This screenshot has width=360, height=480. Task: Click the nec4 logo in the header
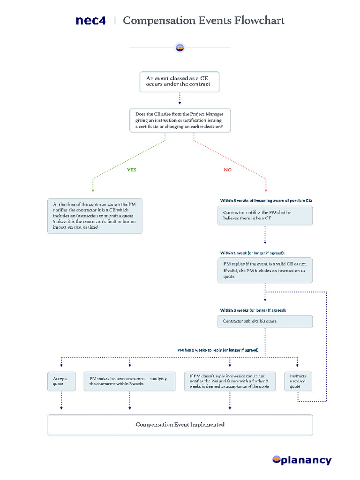[90, 21]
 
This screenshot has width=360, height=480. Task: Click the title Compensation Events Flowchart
[203, 21]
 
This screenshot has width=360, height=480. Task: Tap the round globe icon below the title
[180, 47]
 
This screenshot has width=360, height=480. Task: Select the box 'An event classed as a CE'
[180, 82]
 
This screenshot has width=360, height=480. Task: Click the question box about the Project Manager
[180, 120]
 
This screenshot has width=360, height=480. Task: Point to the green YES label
[132, 170]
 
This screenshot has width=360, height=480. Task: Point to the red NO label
[227, 170]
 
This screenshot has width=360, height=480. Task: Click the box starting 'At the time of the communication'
[95, 216]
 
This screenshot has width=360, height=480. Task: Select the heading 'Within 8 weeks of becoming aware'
[266, 200]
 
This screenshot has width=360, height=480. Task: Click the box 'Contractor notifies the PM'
[265, 215]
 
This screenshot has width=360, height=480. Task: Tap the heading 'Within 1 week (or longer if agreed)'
[252, 253]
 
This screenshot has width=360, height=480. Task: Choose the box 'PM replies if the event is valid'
[265, 270]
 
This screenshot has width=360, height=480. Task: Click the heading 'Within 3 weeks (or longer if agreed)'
[253, 310]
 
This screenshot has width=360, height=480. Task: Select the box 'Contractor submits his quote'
[265, 321]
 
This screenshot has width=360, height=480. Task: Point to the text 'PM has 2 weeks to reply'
[218, 350]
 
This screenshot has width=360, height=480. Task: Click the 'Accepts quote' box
[61, 381]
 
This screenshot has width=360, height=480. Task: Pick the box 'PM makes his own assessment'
[130, 381]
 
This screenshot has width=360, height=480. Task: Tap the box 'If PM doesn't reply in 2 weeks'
[230, 381]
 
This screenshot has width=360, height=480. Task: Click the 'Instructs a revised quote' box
[298, 381]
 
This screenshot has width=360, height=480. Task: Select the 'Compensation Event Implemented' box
[180, 425]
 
